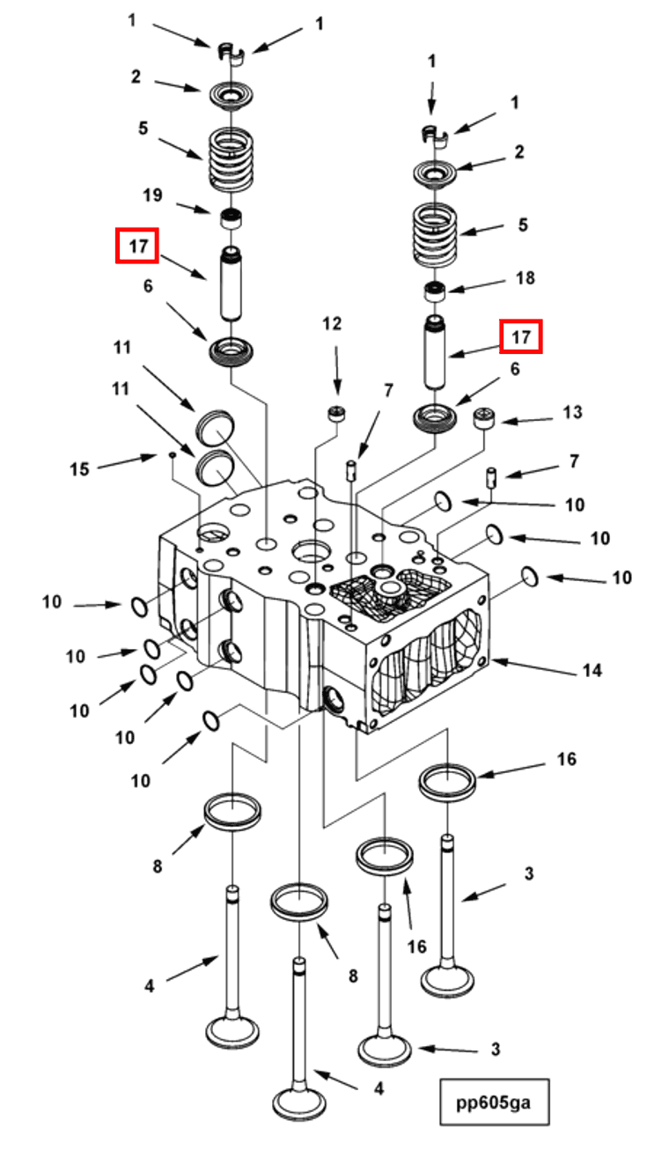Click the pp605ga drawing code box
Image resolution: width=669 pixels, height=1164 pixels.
[494, 1101]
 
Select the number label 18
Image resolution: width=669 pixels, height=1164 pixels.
[525, 278]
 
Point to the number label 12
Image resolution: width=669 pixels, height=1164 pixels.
[331, 324]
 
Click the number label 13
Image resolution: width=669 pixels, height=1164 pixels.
[573, 412]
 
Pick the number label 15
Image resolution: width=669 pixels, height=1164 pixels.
[79, 468]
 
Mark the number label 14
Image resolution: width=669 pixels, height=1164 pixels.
[592, 670]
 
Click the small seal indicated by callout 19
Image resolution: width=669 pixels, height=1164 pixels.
[232, 217]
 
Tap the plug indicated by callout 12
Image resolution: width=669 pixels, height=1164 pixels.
[335, 413]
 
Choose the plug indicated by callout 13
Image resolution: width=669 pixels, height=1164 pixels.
[487, 419]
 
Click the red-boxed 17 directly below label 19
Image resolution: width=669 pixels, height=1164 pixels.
[137, 246]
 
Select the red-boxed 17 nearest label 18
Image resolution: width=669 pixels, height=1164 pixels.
[521, 336]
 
